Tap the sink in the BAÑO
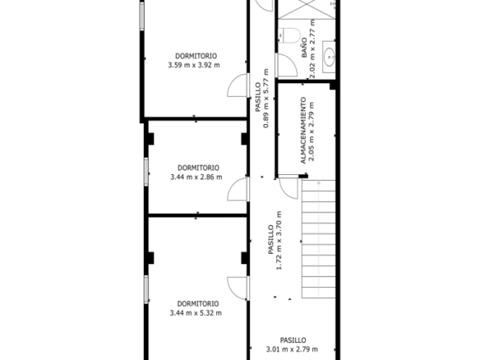pos(329,57)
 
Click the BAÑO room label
pos(304,48)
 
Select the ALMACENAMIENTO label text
pos(303,131)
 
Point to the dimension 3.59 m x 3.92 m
pos(194,65)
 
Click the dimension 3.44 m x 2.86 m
pos(196,177)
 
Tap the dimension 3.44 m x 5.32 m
pos(196,313)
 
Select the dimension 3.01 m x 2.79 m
pos(292,349)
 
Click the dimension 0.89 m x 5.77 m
pos(266,98)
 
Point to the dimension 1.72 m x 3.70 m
pos(279,241)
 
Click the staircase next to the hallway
pos(319,239)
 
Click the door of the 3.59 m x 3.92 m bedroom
pos(238,85)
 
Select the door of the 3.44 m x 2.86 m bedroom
pos(238,189)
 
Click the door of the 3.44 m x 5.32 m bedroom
pos(238,288)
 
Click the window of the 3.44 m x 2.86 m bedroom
pos(146,172)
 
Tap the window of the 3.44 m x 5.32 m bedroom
pos(146,289)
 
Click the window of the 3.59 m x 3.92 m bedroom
pos(142,16)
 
